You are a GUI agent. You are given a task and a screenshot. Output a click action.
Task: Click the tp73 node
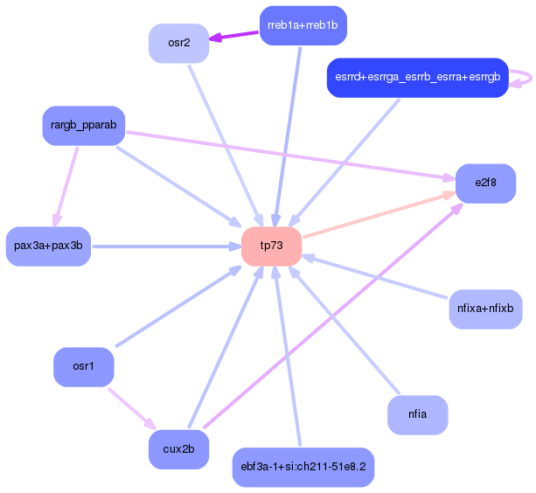[272, 246]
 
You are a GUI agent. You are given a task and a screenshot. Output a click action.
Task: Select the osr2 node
[178, 43]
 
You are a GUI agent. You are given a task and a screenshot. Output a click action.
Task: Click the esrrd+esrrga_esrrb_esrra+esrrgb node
[417, 78]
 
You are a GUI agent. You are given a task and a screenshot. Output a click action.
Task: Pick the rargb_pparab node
[84, 126]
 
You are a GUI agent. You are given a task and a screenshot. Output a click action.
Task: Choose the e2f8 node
[485, 183]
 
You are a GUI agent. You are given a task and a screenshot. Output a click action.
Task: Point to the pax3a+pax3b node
[48, 246]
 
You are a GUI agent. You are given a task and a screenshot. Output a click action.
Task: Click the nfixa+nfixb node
[485, 309]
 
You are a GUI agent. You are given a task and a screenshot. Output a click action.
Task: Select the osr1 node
[84, 366]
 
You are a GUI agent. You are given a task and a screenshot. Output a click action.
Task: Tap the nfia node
[417, 414]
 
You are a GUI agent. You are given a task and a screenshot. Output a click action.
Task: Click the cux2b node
[178, 449]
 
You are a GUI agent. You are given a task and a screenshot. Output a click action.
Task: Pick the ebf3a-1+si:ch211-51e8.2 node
[303, 468]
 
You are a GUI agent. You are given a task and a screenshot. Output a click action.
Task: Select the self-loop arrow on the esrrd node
[524, 78]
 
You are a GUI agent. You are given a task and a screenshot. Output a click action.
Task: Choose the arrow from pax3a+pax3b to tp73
[166, 246]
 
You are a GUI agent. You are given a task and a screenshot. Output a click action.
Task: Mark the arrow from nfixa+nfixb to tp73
[385, 279]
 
